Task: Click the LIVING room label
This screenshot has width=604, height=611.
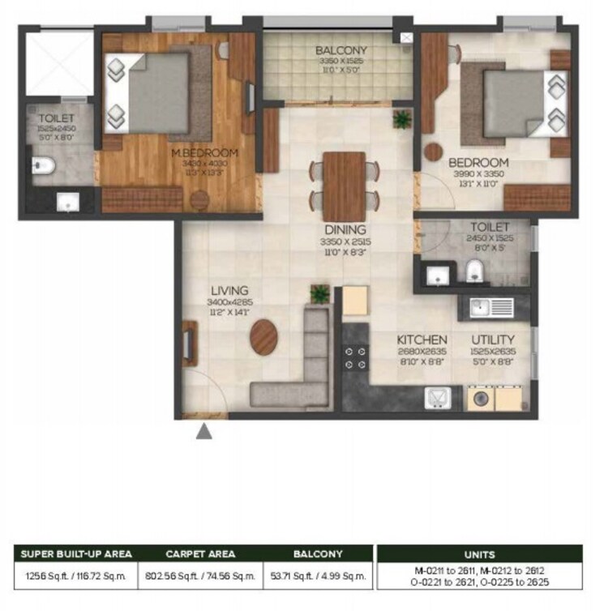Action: pyautogui.click(x=229, y=291)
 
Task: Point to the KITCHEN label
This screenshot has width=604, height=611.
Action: pyautogui.click(x=422, y=340)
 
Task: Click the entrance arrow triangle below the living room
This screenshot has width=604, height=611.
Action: pyautogui.click(x=205, y=432)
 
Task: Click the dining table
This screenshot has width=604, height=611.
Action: pyautogui.click(x=345, y=185)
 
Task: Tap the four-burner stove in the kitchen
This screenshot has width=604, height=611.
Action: pyautogui.click(x=354, y=360)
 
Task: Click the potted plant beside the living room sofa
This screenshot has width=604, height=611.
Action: pyautogui.click(x=320, y=293)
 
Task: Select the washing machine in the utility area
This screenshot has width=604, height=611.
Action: pyautogui.click(x=477, y=399)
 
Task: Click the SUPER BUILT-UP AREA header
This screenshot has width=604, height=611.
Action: pyautogui.click(x=75, y=554)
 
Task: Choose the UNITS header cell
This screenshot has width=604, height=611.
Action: pyautogui.click(x=479, y=554)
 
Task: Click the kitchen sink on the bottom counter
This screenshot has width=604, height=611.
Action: pyautogui.click(x=438, y=398)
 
